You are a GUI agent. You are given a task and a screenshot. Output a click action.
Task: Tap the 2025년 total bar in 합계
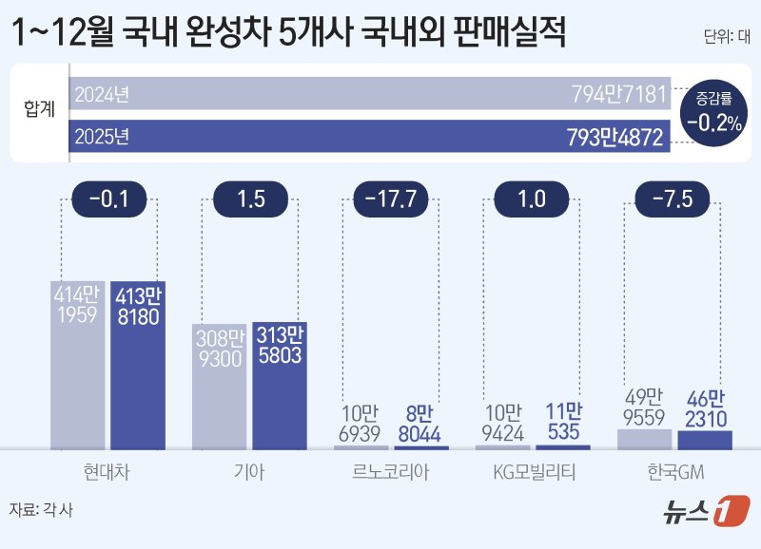371,136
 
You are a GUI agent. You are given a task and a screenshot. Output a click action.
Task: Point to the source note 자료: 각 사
41,509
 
